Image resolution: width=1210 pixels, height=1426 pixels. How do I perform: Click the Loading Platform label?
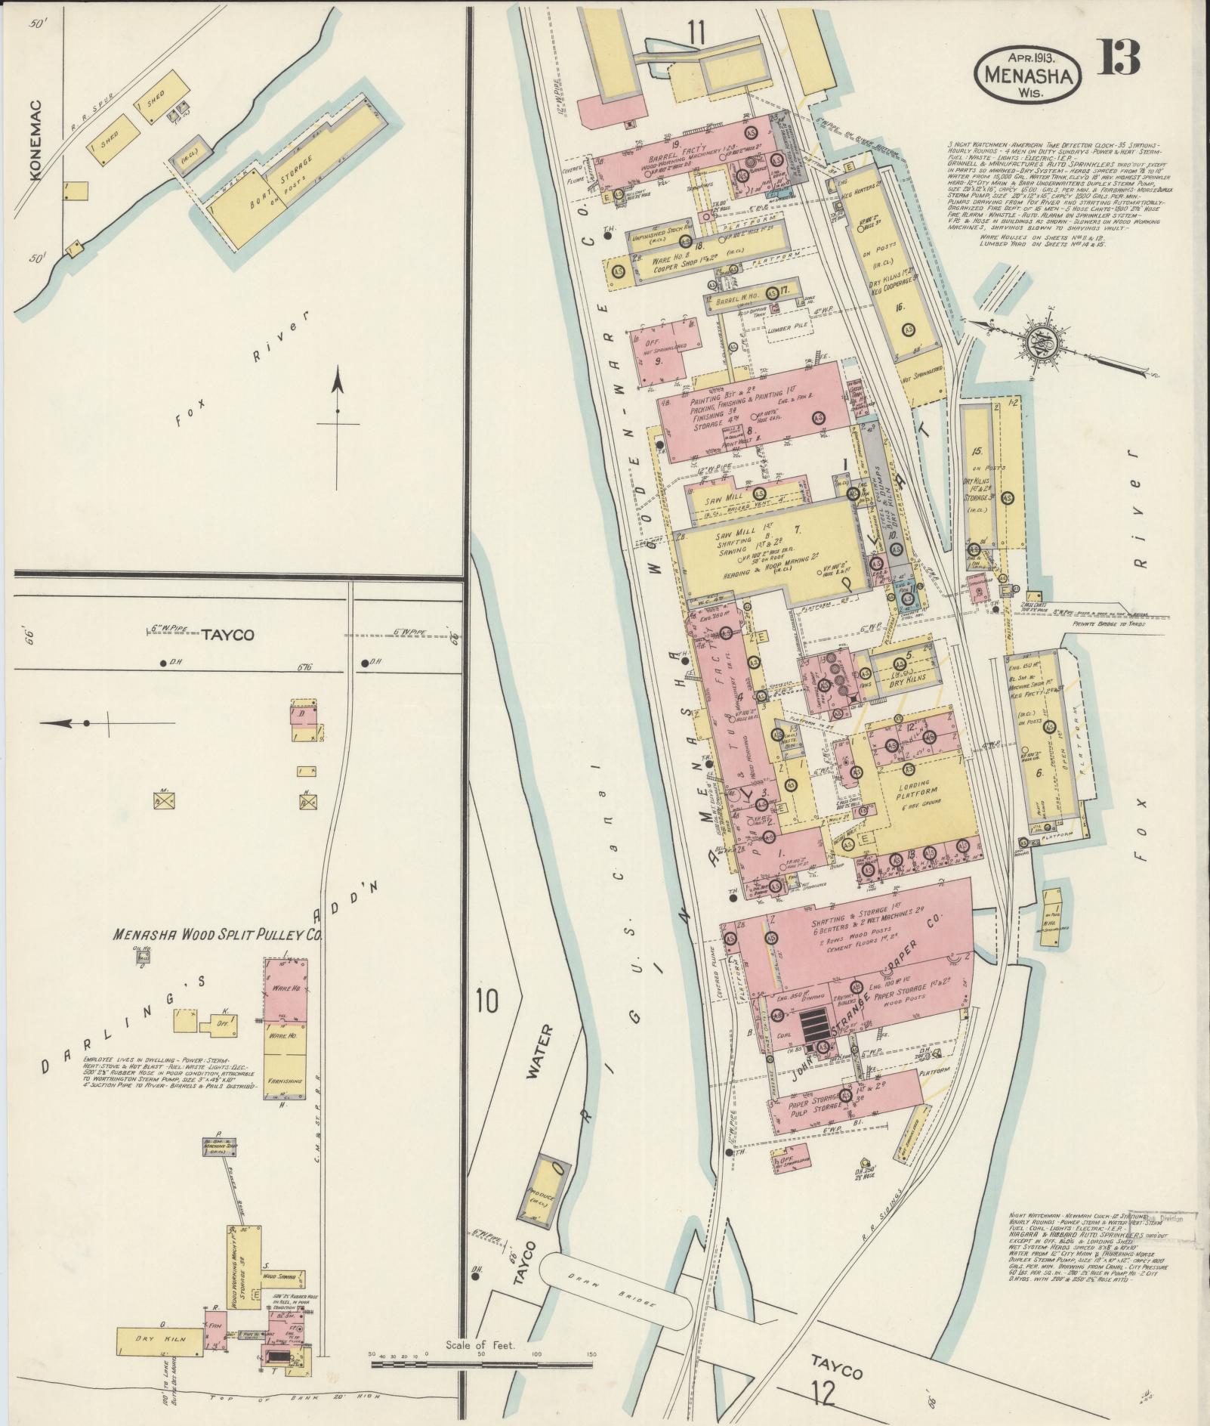click(915, 790)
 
